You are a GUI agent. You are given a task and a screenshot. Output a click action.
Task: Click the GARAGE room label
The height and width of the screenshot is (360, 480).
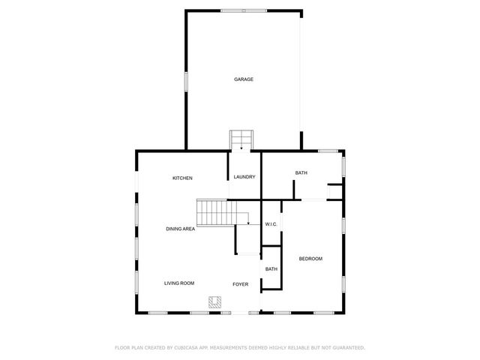click(x=243, y=79)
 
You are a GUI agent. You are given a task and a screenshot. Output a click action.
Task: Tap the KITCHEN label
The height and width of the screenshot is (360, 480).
click(x=183, y=178)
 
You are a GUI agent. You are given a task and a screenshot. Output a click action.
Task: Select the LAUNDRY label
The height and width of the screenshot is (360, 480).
click(x=244, y=177)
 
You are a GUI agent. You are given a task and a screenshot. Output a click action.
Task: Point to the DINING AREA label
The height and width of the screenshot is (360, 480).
click(x=181, y=228)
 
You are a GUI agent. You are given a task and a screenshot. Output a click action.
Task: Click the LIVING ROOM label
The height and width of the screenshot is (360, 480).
click(x=179, y=283)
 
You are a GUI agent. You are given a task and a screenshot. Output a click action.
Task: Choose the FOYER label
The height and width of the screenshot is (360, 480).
click(x=240, y=283)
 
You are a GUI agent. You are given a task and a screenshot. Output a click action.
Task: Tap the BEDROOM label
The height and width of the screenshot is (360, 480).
click(x=310, y=259)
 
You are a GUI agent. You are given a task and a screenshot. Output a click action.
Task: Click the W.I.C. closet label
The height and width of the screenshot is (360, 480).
click(x=271, y=224)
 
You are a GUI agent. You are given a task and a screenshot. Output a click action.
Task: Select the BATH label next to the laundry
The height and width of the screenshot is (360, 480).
click(x=301, y=173)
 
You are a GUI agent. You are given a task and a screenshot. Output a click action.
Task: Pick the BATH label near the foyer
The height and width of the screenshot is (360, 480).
click(x=271, y=268)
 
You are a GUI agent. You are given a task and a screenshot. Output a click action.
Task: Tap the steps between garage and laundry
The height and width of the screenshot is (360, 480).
click(x=242, y=139)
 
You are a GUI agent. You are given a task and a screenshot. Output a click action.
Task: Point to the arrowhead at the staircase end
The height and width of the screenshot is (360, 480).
click(x=248, y=223)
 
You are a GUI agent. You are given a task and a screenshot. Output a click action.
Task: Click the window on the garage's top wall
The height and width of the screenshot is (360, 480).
click(x=244, y=10)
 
